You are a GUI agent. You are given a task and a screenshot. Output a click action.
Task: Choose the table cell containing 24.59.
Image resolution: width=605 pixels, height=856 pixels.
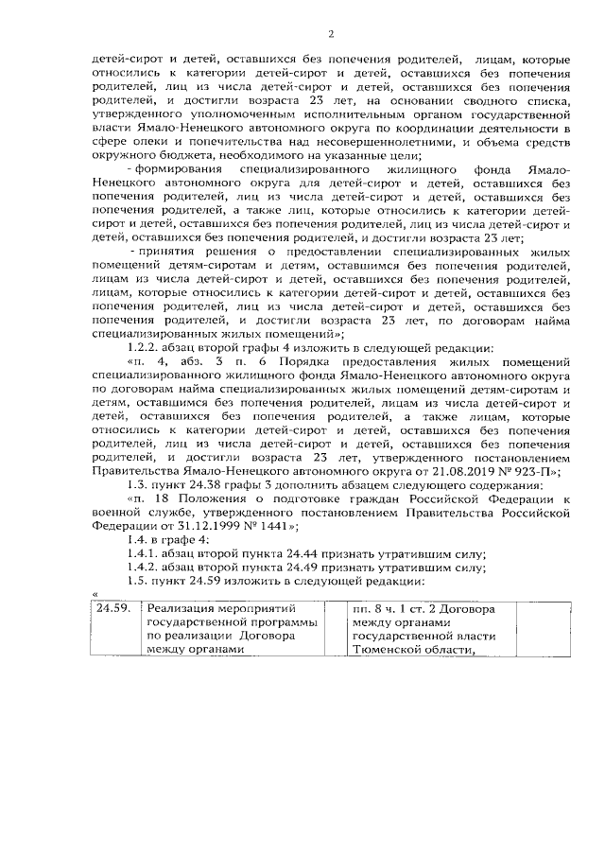point(114,608)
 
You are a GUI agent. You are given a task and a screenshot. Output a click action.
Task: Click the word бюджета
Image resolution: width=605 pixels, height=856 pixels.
point(187,155)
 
